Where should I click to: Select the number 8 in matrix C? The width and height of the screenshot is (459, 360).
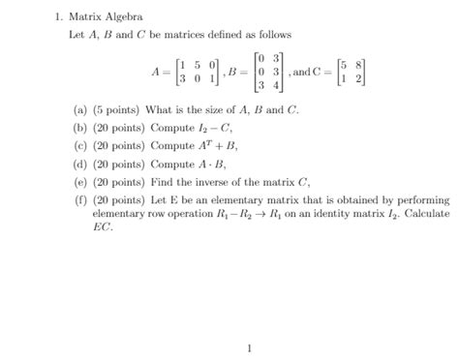point(361,63)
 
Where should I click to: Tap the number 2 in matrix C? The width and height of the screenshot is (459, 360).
point(361,76)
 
